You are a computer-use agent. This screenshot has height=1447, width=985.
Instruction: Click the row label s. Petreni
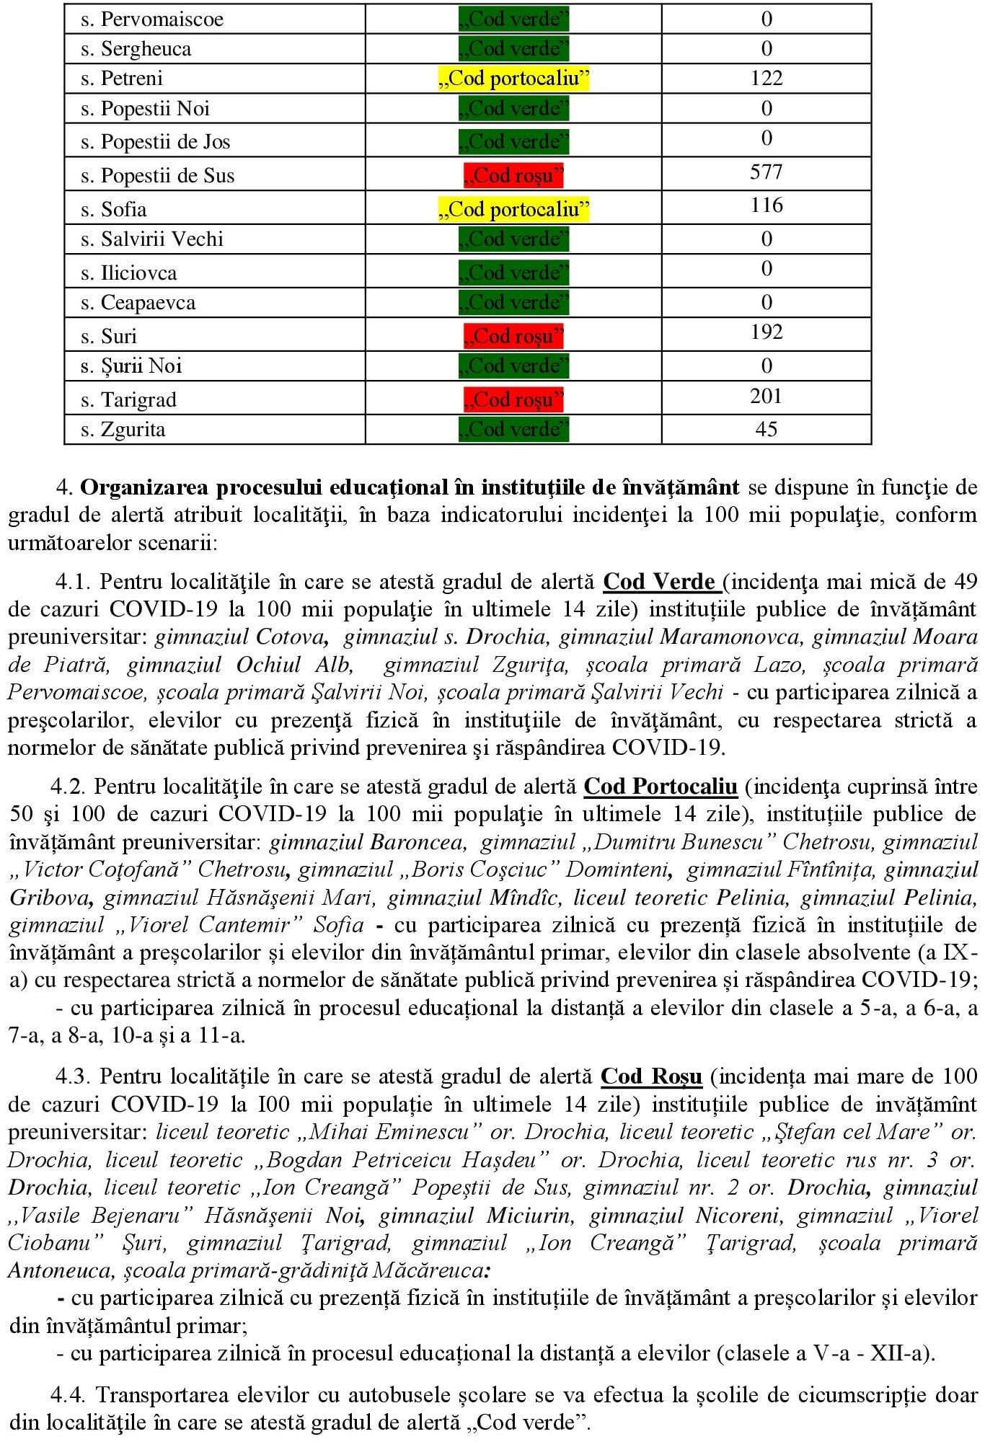pos(121,79)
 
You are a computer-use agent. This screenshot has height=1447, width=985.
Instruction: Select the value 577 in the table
pos(766,172)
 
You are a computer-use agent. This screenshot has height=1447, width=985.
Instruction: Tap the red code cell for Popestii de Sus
pos(513,175)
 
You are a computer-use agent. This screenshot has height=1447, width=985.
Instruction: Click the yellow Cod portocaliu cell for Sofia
pos(513,209)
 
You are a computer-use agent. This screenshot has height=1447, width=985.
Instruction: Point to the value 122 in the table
pos(766,79)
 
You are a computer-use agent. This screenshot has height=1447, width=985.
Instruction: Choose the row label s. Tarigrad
pos(128,399)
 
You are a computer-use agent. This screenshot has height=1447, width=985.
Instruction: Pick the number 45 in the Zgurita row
pos(766,430)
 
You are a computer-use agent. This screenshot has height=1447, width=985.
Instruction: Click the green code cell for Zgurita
pos(513,430)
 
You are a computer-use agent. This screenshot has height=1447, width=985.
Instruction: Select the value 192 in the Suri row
pos(766,332)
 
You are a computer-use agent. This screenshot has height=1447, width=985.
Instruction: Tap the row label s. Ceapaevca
pos(138,303)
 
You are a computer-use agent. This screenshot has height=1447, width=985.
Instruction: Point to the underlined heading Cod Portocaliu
pos(661,787)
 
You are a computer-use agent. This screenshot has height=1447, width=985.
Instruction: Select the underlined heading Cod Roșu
pos(651,1076)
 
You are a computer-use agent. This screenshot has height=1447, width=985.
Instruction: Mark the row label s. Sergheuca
pos(136,49)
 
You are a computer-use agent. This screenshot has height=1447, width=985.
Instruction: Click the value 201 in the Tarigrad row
pos(766,396)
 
